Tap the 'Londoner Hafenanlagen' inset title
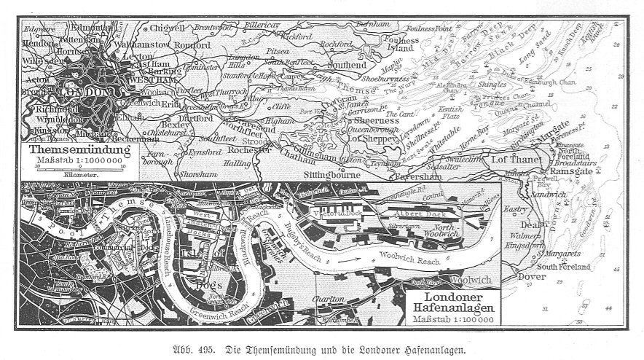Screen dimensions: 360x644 [x=454, y=304]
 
